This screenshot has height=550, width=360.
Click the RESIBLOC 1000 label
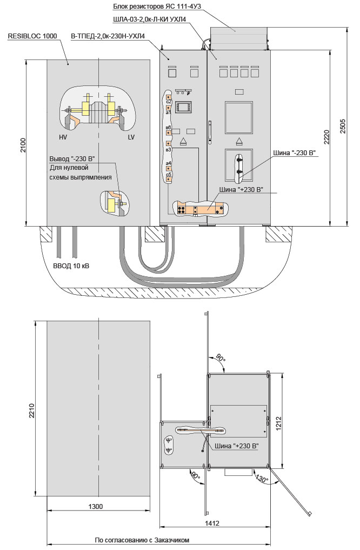[x=32, y=36]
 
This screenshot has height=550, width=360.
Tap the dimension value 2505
[x=350, y=125]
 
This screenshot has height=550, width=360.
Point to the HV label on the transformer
[x=63, y=137]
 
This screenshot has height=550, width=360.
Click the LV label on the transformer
[x=131, y=137]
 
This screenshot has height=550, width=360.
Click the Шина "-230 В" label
[x=297, y=154]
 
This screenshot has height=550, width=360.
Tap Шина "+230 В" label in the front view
[x=241, y=190]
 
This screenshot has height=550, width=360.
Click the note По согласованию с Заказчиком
[x=142, y=540]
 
